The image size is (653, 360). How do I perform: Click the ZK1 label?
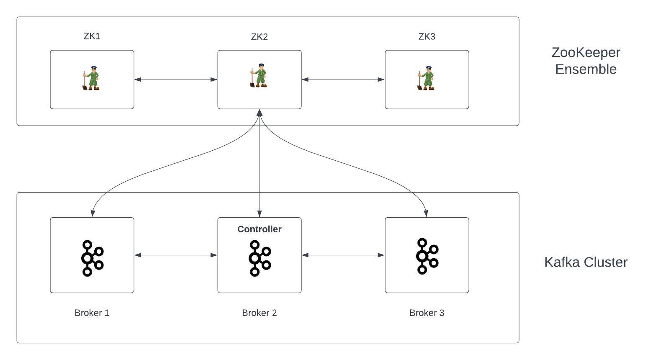pyautogui.click(x=92, y=36)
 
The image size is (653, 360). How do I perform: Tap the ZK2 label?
pyautogui.click(x=260, y=37)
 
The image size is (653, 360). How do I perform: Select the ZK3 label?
pyautogui.click(x=427, y=37)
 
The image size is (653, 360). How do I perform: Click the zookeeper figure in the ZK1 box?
pyautogui.click(x=91, y=78)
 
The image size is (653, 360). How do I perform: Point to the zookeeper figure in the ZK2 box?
pyautogui.click(x=259, y=76)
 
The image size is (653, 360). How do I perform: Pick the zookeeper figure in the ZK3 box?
pyautogui.click(x=426, y=78)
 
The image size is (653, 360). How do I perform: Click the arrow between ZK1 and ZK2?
pyautogui.click(x=176, y=80)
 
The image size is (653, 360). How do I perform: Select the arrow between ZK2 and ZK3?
pyautogui.click(x=343, y=80)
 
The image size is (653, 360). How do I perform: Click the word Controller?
pyautogui.click(x=260, y=229)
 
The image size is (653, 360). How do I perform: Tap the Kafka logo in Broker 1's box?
pyautogui.click(x=92, y=258)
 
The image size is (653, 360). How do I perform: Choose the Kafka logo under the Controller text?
pyautogui.click(x=259, y=258)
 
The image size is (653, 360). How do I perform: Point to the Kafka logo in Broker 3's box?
pyautogui.click(x=427, y=256)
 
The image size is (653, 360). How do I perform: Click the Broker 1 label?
pyautogui.click(x=92, y=313)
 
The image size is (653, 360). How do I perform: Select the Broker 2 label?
pyautogui.click(x=260, y=313)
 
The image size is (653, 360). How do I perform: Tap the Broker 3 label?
pyautogui.click(x=427, y=313)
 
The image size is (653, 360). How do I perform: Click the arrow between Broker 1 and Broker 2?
pyautogui.click(x=176, y=255)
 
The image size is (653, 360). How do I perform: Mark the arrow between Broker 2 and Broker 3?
pyautogui.click(x=343, y=255)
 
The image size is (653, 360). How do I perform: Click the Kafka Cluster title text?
pyautogui.click(x=586, y=262)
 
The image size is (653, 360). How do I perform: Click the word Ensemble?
pyautogui.click(x=586, y=69)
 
